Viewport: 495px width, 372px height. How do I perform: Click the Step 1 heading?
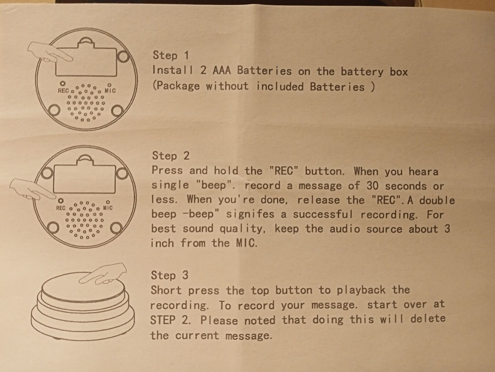[171, 56]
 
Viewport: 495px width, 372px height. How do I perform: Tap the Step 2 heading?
[171, 156]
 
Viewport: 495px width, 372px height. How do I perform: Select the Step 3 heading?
[170, 275]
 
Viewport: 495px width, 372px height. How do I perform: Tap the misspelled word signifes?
[250, 214]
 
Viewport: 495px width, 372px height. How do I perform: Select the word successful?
[323, 214]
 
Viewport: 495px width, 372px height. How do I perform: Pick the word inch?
[162, 243]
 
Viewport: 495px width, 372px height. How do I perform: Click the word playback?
[361, 290]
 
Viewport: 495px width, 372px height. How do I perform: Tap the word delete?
[428, 319]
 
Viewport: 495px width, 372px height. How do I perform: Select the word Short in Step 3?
[166, 290]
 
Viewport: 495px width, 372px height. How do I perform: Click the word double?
[437, 200]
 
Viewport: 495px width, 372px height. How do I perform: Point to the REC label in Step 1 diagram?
[63, 91]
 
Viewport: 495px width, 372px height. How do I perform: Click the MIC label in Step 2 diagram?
[108, 208]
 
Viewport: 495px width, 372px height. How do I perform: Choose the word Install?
[173, 70]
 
